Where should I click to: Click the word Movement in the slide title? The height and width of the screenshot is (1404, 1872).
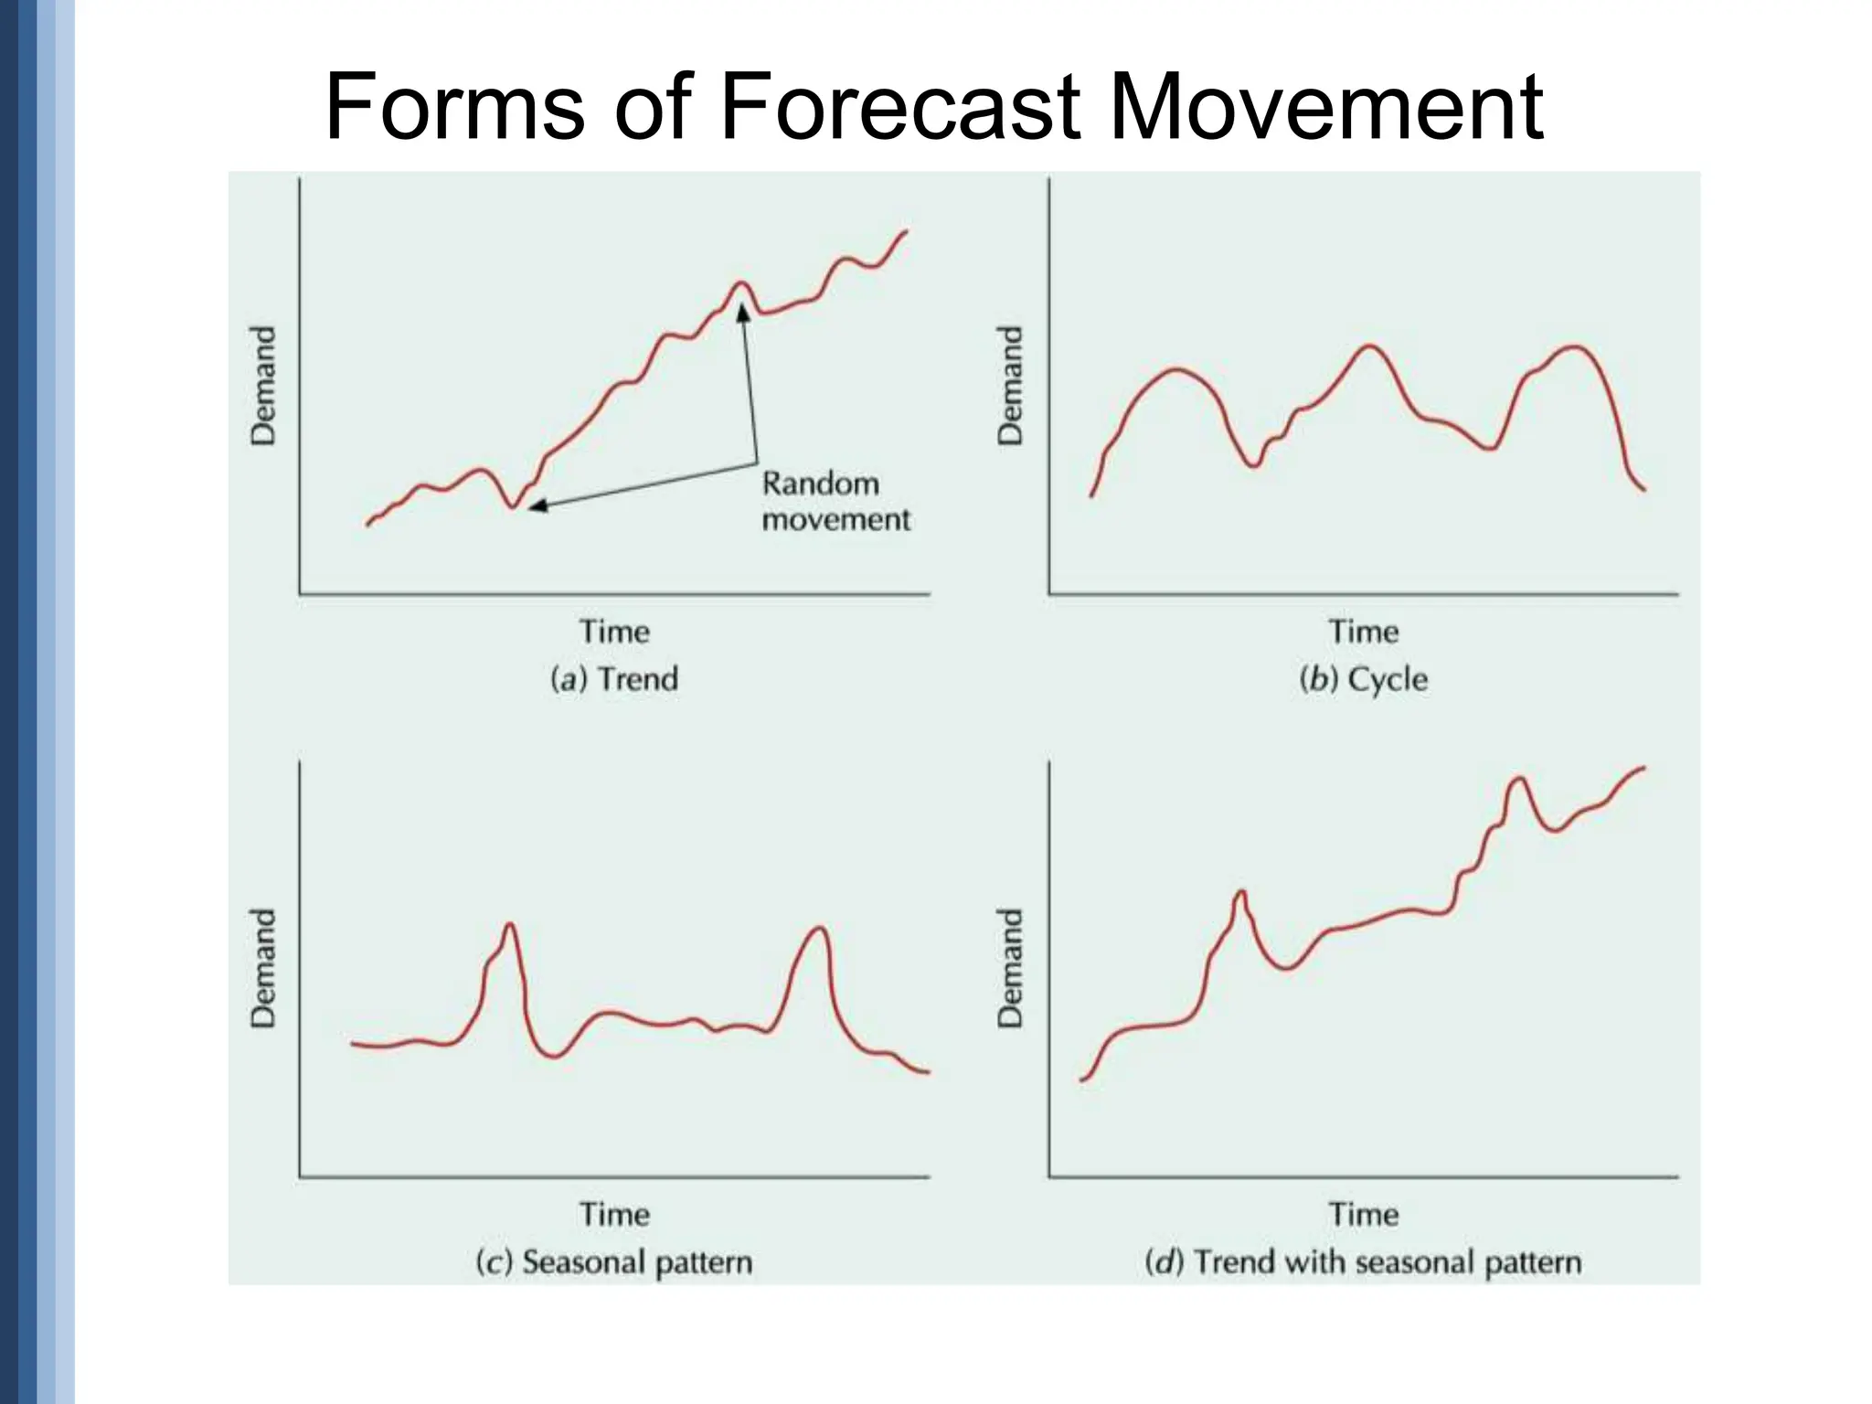point(1325,108)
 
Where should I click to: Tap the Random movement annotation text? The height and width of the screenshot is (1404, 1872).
point(835,501)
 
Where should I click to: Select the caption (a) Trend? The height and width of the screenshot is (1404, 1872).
point(614,679)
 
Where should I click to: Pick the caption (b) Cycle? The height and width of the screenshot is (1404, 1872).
point(1363,679)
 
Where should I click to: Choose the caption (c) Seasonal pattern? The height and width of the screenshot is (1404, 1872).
point(614,1262)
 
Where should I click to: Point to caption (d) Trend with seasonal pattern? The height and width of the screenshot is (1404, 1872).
point(1363,1262)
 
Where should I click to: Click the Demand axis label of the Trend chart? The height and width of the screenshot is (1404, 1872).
point(263,386)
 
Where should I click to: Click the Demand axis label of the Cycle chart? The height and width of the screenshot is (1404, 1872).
point(1010,386)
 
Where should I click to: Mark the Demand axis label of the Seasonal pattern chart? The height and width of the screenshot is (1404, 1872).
point(263,968)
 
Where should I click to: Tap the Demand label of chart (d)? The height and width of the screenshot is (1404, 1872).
point(1010,968)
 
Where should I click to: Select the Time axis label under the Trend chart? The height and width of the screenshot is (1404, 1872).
point(614,632)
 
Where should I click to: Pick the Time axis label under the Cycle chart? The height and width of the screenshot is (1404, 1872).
point(1363,632)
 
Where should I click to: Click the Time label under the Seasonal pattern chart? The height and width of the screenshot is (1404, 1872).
point(614,1215)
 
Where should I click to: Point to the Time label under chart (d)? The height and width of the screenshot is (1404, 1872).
point(1363,1215)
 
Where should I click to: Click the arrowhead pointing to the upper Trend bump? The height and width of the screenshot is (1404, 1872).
point(743,313)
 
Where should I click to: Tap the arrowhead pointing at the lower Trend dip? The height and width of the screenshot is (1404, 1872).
point(537,505)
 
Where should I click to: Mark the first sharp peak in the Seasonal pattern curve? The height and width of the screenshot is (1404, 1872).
point(509,925)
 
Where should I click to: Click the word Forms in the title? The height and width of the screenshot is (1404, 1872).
point(454,108)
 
